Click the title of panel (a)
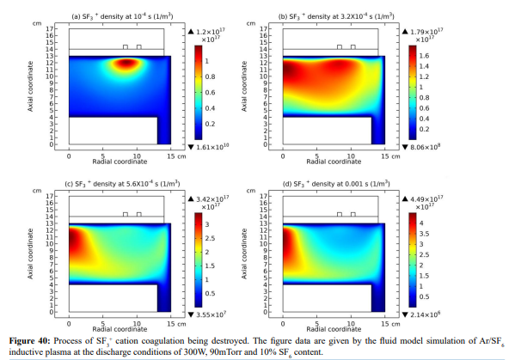click(122, 16)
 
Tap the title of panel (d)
click(336, 184)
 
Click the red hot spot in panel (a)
click(126, 63)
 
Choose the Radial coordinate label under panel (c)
click(120, 329)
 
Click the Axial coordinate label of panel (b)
click(244, 86)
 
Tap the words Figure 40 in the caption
click(29, 341)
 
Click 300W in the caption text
click(194, 352)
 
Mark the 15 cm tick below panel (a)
click(176, 156)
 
